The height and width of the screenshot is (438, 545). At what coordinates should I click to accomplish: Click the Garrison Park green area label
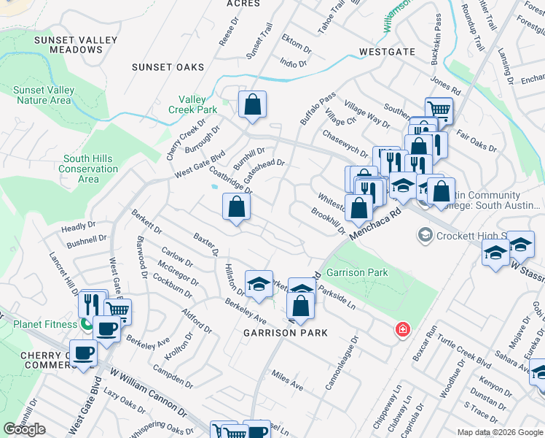[357, 272]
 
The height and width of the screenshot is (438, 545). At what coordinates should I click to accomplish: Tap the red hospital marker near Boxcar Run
[401, 331]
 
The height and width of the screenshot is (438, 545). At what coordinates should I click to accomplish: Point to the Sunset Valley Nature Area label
[44, 95]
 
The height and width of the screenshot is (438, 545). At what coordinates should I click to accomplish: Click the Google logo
[25, 429]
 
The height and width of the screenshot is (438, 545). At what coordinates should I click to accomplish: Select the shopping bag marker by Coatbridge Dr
[236, 207]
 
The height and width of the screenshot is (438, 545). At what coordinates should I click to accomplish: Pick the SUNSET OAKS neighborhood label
[168, 67]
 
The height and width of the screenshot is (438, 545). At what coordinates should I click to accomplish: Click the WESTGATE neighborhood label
[387, 52]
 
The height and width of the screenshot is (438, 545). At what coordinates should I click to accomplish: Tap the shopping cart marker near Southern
[439, 110]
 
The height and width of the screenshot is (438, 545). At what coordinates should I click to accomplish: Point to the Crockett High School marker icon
[425, 235]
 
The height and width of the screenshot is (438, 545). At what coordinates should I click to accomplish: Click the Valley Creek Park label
[198, 104]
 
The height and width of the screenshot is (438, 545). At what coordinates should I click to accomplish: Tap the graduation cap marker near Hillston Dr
[258, 285]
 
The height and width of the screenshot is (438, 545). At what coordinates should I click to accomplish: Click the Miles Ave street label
[286, 379]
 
